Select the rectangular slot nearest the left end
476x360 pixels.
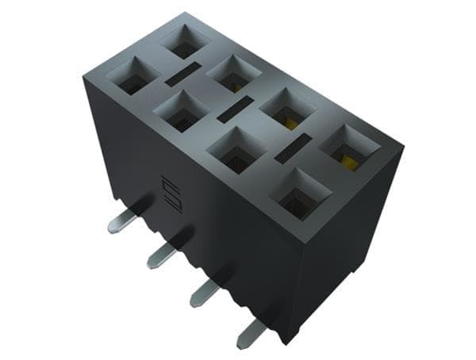182,75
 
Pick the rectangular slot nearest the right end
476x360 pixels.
292,147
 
